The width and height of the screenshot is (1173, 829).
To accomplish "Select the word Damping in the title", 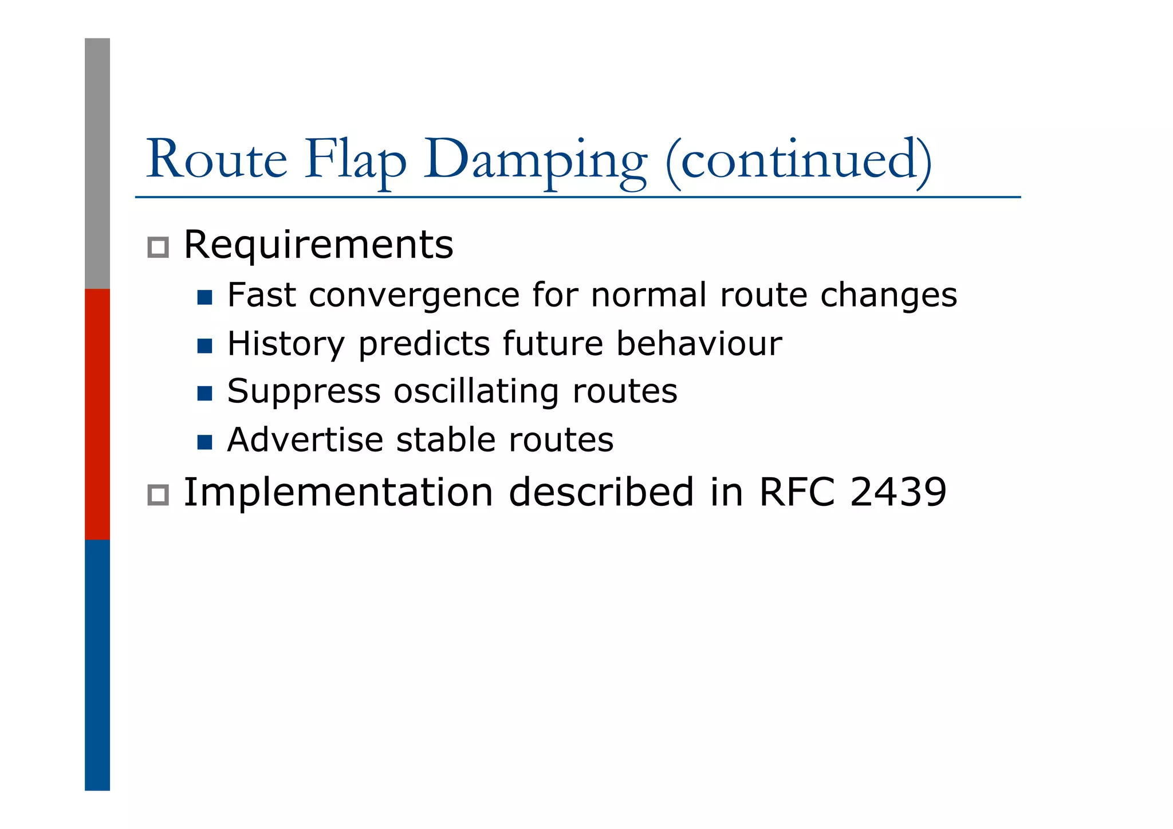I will (536, 160).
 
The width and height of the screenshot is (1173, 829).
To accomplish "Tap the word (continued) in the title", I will (798, 160).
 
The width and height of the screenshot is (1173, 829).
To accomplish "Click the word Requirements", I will (318, 245).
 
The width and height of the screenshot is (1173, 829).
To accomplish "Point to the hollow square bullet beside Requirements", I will (158, 247).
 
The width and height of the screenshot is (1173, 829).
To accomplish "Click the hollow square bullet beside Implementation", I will (158, 494).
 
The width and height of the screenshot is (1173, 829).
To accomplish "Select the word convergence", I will (414, 296).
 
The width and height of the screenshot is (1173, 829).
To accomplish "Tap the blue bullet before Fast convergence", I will (204, 297).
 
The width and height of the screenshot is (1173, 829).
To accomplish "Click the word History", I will (286, 344).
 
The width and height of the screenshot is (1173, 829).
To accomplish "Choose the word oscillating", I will (476, 392).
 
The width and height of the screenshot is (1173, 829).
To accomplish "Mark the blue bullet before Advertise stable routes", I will (204, 442).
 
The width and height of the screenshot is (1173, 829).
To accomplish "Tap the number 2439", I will (898, 492).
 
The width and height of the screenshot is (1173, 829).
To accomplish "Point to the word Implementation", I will (338, 493).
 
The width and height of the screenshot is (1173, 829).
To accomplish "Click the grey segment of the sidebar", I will (97, 163).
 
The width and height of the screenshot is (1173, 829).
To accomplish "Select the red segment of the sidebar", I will (97, 414).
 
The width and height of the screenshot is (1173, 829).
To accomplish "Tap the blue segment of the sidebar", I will (97, 665).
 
